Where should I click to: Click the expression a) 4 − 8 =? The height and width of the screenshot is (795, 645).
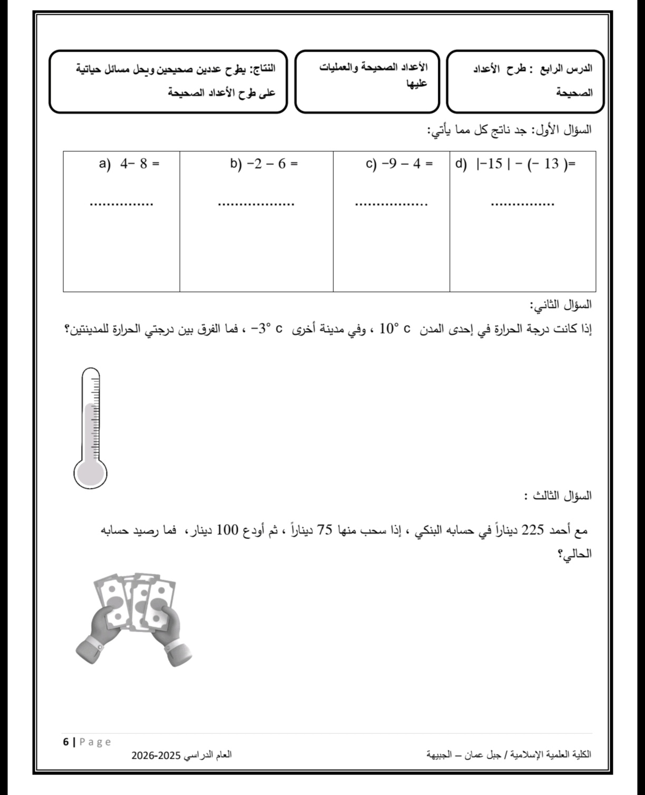pyautogui.click(x=129, y=164)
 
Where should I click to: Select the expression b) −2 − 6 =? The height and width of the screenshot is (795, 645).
pyautogui.click(x=264, y=164)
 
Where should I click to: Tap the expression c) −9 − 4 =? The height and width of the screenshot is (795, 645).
pyautogui.click(x=399, y=164)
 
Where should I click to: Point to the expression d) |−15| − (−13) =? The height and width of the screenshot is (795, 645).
pyautogui.click(x=516, y=164)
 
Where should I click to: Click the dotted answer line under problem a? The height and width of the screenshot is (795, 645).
pyautogui.click(x=122, y=204)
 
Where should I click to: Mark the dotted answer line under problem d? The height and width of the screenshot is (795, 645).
pyautogui.click(x=522, y=204)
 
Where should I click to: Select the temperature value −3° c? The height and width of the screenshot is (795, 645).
pyautogui.click(x=268, y=329)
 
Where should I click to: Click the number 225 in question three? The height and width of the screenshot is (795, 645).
pyautogui.click(x=532, y=529)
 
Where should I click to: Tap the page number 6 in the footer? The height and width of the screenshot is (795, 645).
pyautogui.click(x=66, y=742)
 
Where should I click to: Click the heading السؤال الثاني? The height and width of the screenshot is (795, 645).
pyautogui.click(x=561, y=305)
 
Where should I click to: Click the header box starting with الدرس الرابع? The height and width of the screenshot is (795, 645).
pyautogui.click(x=525, y=81)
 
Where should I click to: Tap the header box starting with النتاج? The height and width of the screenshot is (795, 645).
pyautogui.click(x=169, y=81)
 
